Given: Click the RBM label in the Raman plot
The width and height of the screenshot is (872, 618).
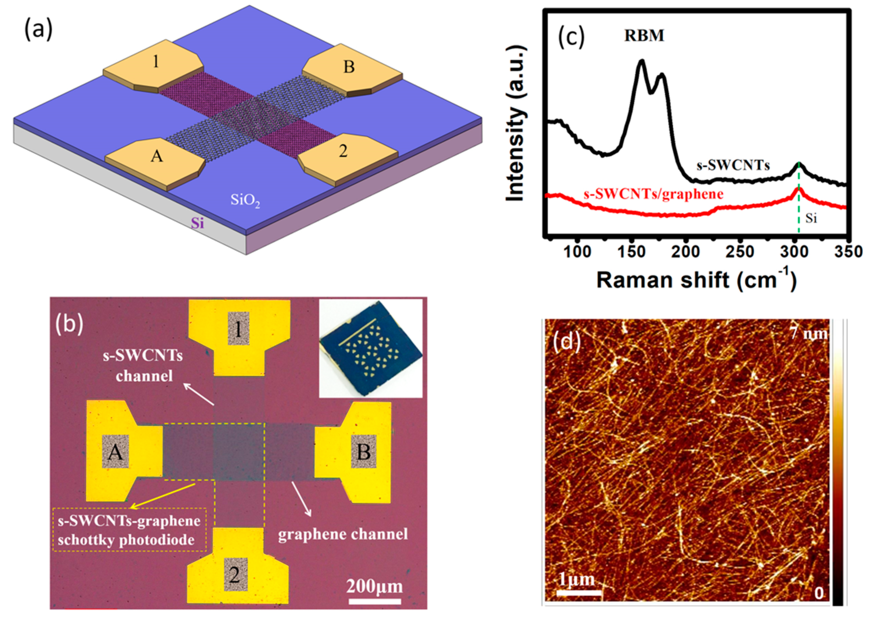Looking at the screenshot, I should point(644,36).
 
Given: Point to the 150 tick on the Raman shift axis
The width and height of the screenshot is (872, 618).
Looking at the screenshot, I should point(631,252).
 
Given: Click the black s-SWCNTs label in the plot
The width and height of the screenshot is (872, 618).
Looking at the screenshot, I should point(733,165).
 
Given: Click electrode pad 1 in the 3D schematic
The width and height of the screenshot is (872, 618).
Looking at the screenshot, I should point(155,62).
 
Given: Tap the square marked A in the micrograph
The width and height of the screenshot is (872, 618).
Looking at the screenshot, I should point(115,452).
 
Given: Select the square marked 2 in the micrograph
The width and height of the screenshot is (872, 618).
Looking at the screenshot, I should point(235,574).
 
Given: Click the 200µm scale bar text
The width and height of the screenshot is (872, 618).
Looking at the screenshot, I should point(374,586).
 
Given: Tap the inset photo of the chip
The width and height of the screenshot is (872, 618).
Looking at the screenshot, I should point(371,348).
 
